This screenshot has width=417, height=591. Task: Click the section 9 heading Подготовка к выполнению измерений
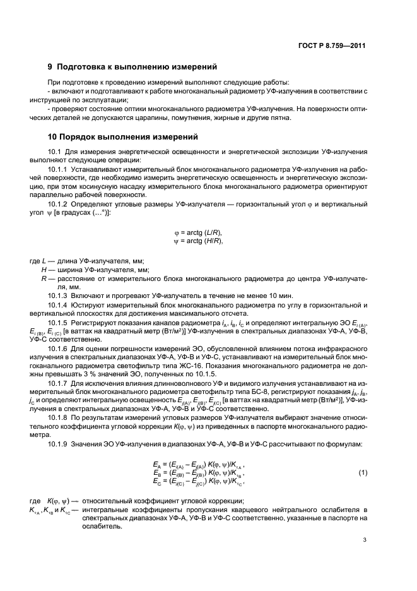[x=132, y=66]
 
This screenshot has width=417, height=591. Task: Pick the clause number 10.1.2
[x=59, y=206]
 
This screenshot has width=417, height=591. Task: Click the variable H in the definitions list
[x=44, y=269]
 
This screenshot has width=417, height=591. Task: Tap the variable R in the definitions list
[x=44, y=278]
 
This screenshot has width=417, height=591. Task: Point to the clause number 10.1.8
[x=59, y=419]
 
